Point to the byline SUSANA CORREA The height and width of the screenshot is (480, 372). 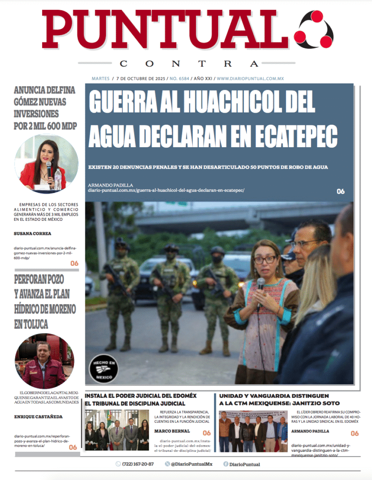[x=32, y=233]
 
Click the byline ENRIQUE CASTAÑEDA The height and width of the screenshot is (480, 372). [x=38, y=416]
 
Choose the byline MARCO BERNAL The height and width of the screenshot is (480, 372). [x=172, y=431]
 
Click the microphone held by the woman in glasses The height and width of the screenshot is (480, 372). [x=260, y=285]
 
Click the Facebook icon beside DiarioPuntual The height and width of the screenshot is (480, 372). [x=226, y=464]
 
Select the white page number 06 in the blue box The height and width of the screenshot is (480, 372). [x=341, y=191]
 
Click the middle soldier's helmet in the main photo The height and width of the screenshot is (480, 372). [x=171, y=247]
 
